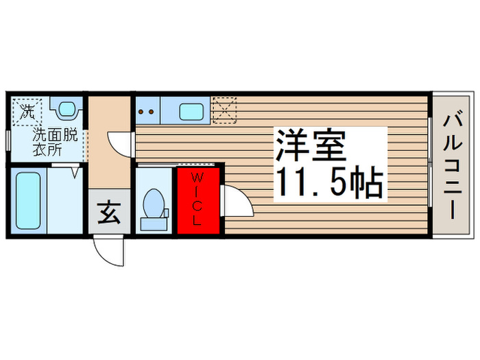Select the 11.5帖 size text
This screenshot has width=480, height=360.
[328, 182]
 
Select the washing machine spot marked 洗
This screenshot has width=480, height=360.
[27, 111]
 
